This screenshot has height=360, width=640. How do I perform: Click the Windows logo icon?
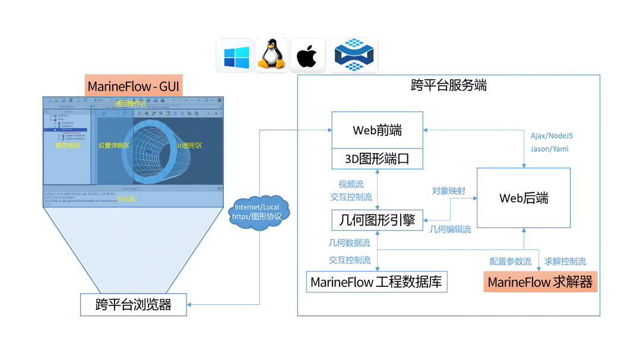coord(235,56)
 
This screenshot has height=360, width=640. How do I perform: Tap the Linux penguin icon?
coord(271,55)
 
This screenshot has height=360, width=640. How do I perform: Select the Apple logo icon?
coord(307,56)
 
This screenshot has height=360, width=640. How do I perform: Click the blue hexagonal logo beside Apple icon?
coord(353,55)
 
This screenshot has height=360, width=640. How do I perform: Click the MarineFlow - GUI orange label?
coord(134,86)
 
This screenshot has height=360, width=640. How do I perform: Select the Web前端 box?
coord(376,130)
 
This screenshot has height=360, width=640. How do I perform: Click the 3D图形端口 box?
coord(376,159)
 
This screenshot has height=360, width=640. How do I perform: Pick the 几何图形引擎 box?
coord(377,220)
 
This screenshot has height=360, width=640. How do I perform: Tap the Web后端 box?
coord(523,198)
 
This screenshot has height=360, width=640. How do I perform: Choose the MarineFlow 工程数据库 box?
coord(376,282)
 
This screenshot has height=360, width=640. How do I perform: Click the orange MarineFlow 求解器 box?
coord(540,282)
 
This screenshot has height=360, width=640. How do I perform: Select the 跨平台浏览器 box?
coord(134,304)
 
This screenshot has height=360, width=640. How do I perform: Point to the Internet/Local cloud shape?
coord(258,211)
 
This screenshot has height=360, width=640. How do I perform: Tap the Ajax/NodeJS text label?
coord(552,135)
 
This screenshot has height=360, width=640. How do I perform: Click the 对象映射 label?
coord(448,191)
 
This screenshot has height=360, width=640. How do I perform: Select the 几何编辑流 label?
coord(450,229)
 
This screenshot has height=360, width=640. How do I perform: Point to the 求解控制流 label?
coord(565,261)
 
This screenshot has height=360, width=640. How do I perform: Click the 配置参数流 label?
coord(510,261)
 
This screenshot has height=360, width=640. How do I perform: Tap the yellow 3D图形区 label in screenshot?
coord(189,146)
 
